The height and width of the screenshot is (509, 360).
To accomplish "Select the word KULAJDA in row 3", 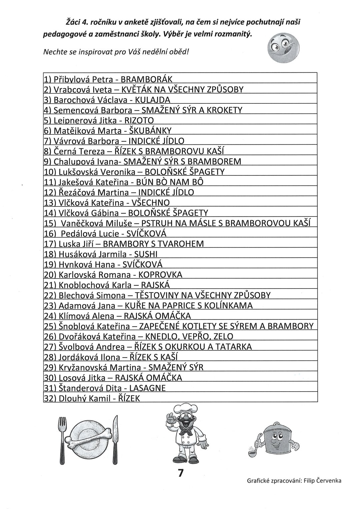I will pyautogui.click(x=154, y=100).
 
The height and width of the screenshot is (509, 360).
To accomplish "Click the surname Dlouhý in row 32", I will pyautogui.click(x=70, y=398).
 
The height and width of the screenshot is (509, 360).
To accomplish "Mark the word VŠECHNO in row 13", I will pyautogui.click(x=151, y=202).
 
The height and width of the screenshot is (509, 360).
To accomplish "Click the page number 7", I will pyautogui.click(x=180, y=473).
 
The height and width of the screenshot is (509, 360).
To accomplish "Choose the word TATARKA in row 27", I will pyautogui.click(x=234, y=347).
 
